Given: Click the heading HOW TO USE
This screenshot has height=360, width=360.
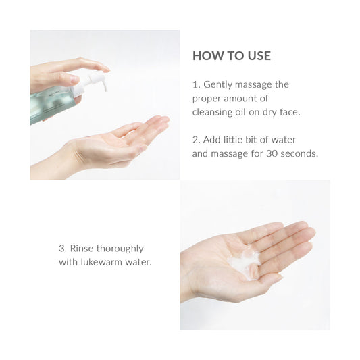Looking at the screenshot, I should coord(231,56).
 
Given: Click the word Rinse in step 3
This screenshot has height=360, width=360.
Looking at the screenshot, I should coord(84,249).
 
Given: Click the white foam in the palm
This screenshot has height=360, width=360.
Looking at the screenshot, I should coord(244,261).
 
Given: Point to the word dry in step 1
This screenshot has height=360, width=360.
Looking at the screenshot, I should coord(266,112).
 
